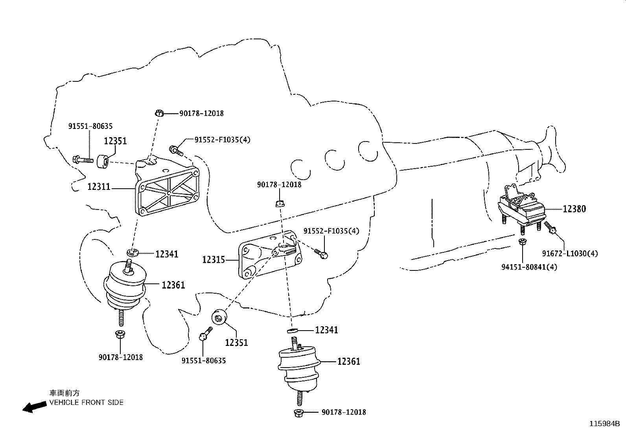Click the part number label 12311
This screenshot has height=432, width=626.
99,187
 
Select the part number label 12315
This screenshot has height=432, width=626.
214,260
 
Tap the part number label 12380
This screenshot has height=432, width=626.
574,209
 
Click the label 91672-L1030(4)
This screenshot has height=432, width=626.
570,254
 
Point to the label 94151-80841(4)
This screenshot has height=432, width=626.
529,267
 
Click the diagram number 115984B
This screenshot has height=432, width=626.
604,424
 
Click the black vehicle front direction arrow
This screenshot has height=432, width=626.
35,406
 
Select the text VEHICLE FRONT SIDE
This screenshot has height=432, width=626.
87,403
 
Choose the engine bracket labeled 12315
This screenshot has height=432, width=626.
270,254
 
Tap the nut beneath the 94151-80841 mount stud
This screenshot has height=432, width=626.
522,242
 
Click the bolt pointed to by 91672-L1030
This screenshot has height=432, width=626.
549,228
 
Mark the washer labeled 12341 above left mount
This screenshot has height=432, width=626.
133,252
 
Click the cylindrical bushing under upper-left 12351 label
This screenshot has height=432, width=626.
103,162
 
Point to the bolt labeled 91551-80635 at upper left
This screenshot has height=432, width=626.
83,160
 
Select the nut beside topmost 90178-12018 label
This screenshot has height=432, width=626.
159,113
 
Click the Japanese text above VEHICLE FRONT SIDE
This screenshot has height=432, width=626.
64,393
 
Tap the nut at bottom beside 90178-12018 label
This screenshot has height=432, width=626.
299,413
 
